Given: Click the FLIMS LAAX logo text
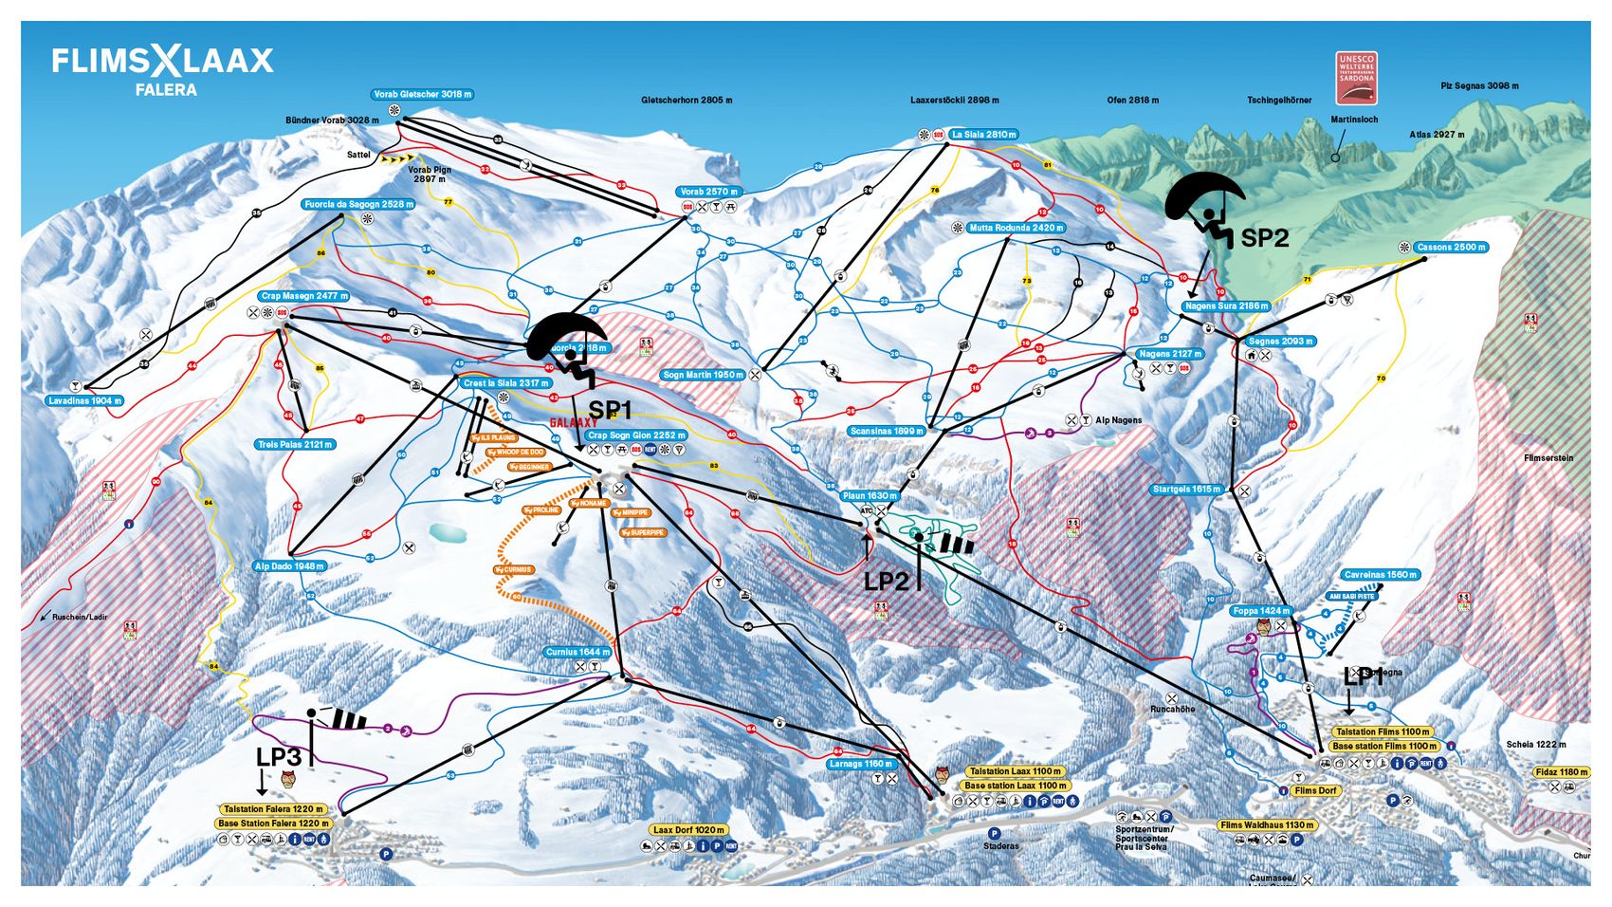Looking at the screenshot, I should click(x=162, y=63).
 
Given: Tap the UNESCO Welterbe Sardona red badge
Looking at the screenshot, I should click(x=1356, y=79).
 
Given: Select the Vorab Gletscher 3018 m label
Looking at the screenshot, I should click(x=422, y=95).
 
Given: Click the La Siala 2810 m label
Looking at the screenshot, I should click(x=983, y=135).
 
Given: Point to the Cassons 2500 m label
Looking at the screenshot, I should click(x=1451, y=247).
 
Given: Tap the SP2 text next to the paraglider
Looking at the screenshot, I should click(x=1264, y=238).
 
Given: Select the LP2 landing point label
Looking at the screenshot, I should click(x=886, y=581).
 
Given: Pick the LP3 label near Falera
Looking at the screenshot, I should click(x=278, y=756).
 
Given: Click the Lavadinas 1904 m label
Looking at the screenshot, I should click(x=84, y=400).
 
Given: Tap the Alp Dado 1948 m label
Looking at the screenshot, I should click(x=289, y=566).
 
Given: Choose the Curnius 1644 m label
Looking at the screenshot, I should click(x=577, y=653).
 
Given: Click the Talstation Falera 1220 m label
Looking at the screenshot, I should click(x=273, y=809).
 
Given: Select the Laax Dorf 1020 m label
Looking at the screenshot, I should click(x=689, y=830).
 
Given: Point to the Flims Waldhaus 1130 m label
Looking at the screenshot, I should click(x=1267, y=825).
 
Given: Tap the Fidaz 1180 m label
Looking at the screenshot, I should click(x=1561, y=772).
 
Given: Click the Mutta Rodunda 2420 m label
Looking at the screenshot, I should click(x=1016, y=228).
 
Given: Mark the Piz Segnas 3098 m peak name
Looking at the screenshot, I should click(x=1479, y=86).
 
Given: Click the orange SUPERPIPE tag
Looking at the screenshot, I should click(x=644, y=533).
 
